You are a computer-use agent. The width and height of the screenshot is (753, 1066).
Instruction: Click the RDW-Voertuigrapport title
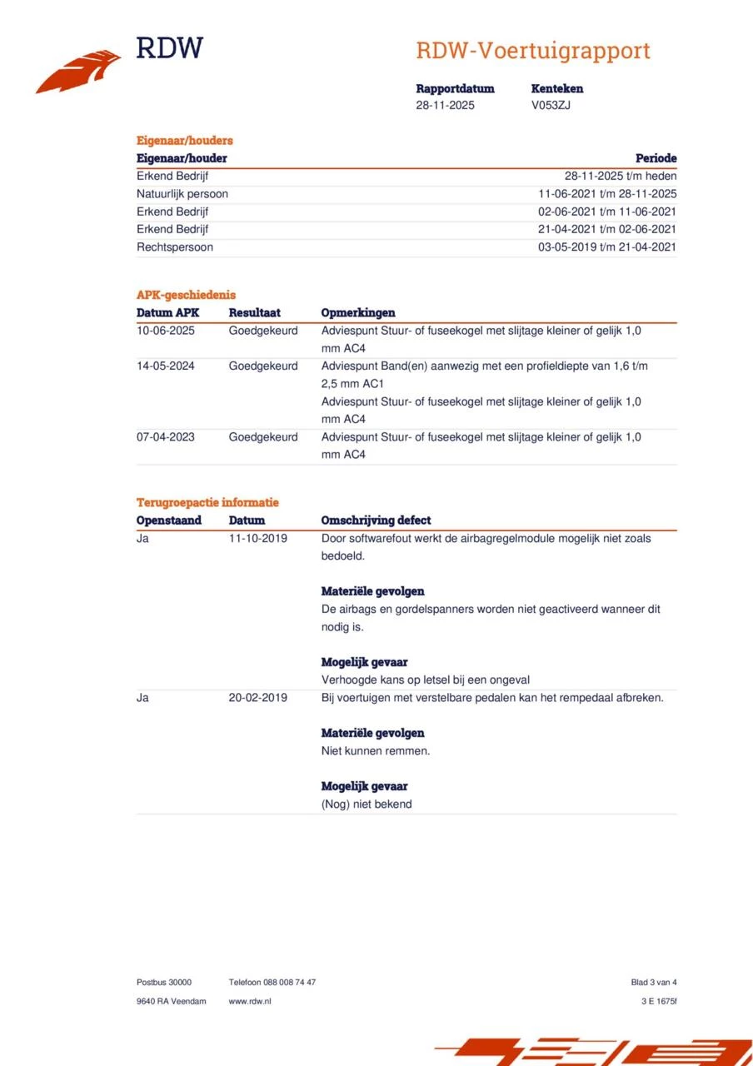coord(532,51)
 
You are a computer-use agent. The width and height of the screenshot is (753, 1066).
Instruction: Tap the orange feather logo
coord(78,72)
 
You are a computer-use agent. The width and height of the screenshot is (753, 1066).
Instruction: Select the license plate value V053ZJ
coord(551,105)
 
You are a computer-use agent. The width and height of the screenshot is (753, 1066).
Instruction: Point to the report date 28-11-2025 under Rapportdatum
coord(445,105)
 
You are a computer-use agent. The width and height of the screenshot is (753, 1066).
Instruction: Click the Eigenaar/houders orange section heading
coord(184,140)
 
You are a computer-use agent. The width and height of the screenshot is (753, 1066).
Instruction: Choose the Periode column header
coord(656,158)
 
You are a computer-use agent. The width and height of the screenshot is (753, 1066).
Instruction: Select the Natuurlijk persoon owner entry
coord(182,194)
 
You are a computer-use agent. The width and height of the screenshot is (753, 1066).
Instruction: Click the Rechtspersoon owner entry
coord(174,247)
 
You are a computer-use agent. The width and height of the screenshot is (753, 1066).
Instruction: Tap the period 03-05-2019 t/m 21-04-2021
coord(607,247)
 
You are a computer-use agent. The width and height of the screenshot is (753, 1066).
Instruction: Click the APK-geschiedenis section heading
coord(186,294)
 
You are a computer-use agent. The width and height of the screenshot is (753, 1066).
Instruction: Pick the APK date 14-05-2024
coord(166,366)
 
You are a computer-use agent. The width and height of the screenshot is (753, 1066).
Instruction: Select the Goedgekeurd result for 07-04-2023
coord(262,436)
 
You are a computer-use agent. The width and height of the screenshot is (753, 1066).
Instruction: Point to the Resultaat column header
coord(254,312)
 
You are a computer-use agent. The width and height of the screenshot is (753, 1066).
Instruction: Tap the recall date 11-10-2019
coord(257,538)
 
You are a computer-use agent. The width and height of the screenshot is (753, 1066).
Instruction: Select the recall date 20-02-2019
coord(257,697)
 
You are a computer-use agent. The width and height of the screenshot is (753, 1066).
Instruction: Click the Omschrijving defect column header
coord(376,521)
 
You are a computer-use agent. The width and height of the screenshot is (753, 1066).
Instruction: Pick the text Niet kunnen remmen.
coord(375,750)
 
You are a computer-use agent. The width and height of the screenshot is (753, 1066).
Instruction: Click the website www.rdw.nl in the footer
coord(249,1001)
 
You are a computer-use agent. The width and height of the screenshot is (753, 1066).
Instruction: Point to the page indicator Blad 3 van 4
coord(653,982)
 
